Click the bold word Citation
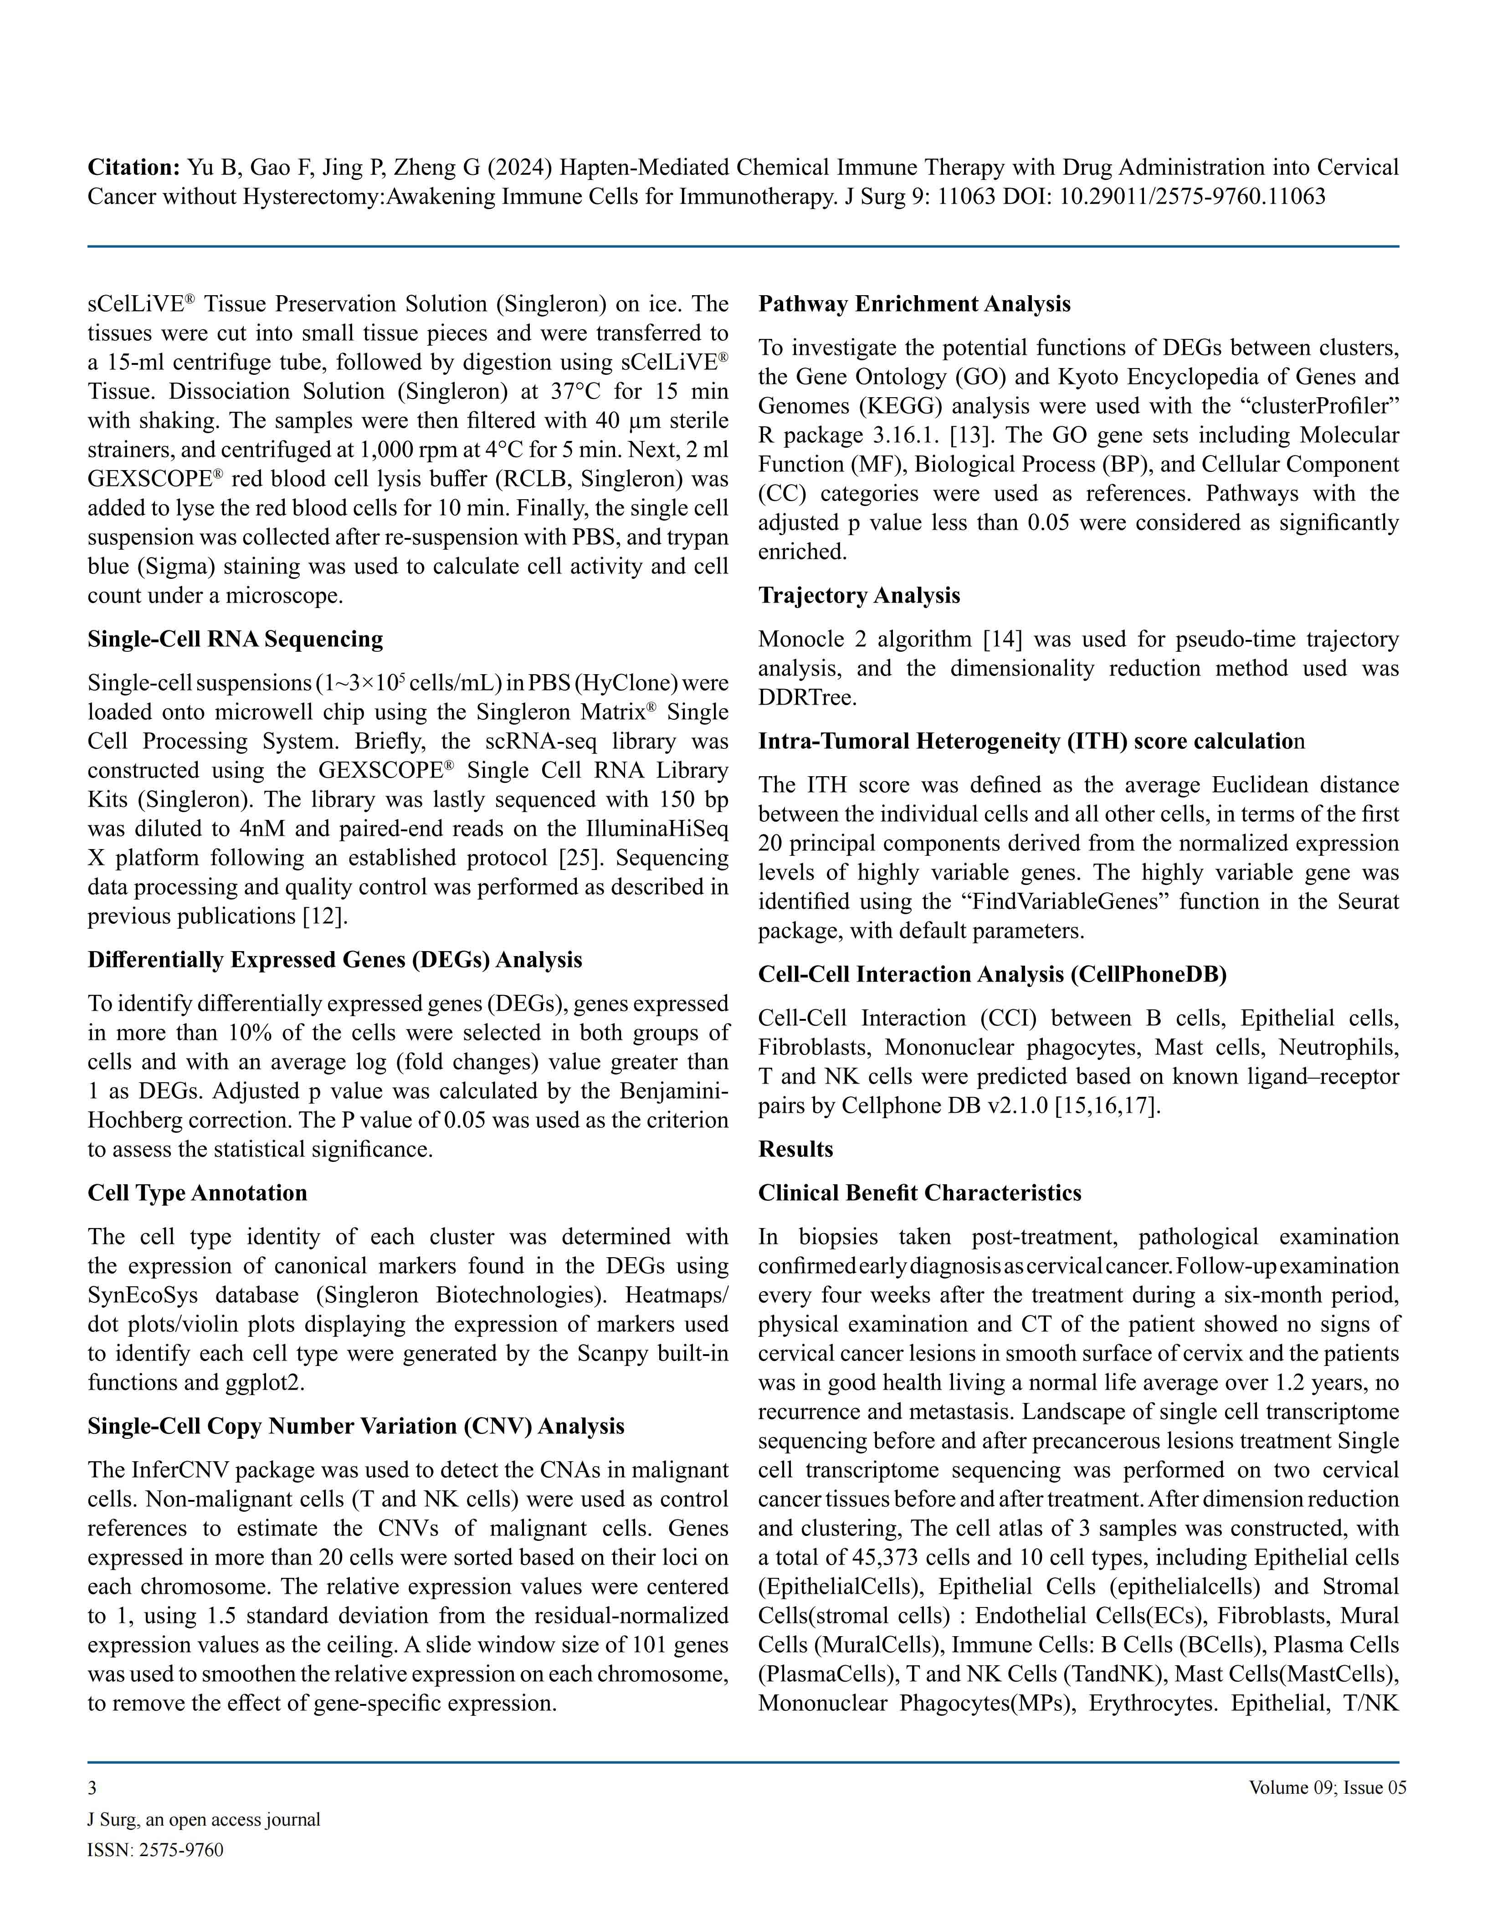134,167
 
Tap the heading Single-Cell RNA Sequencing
235,639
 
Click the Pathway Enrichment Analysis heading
914,304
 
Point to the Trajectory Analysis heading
859,595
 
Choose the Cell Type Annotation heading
197,1193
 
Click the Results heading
795,1149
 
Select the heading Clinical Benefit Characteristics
920,1193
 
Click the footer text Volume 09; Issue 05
1327,1787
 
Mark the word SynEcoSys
143,1295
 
